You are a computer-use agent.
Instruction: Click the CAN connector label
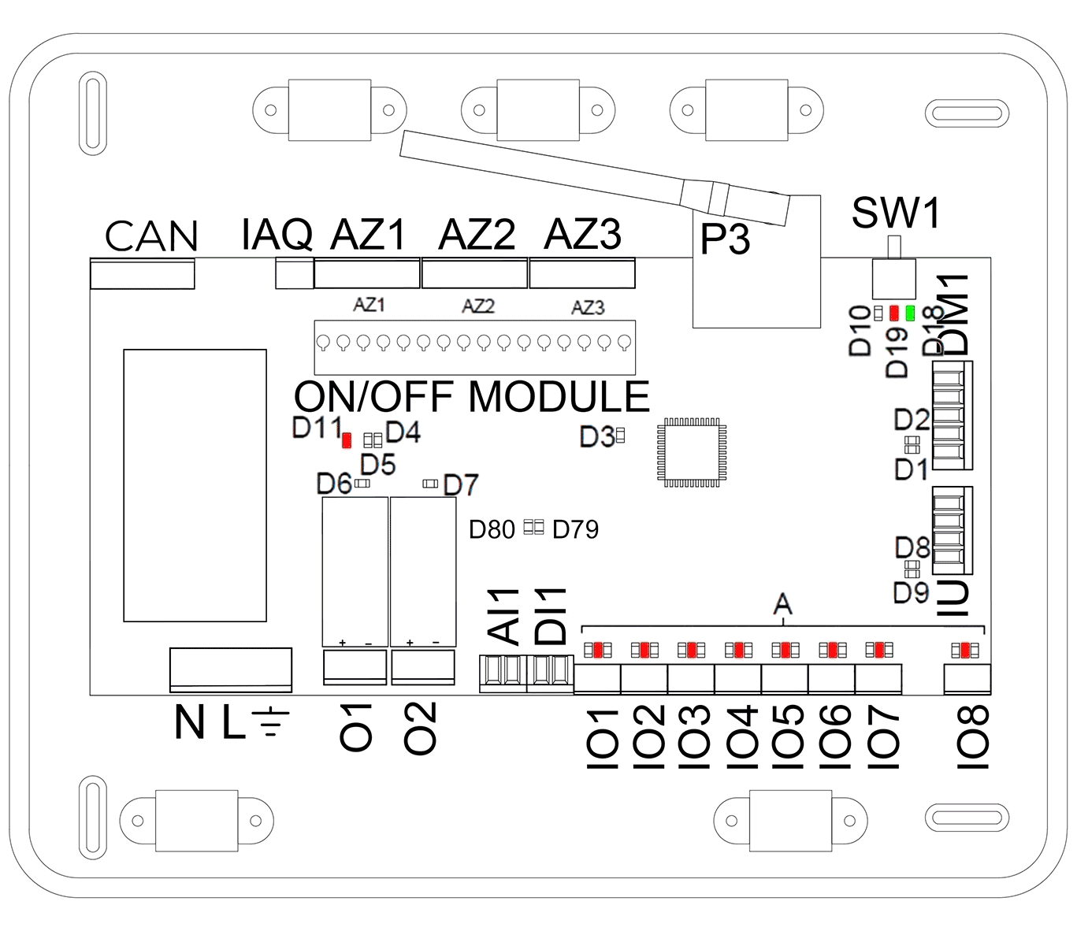click(150, 236)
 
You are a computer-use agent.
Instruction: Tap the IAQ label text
click(277, 234)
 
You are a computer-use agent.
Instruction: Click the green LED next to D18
click(910, 313)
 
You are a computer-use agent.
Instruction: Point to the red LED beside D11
click(347, 440)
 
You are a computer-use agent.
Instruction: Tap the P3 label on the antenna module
click(725, 239)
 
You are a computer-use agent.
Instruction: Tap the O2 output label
click(420, 728)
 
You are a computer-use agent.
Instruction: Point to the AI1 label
click(504, 615)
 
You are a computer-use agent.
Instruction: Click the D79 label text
click(575, 529)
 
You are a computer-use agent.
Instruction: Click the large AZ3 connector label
click(583, 234)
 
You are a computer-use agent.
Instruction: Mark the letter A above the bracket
click(782, 605)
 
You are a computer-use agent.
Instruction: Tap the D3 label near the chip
click(596, 436)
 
